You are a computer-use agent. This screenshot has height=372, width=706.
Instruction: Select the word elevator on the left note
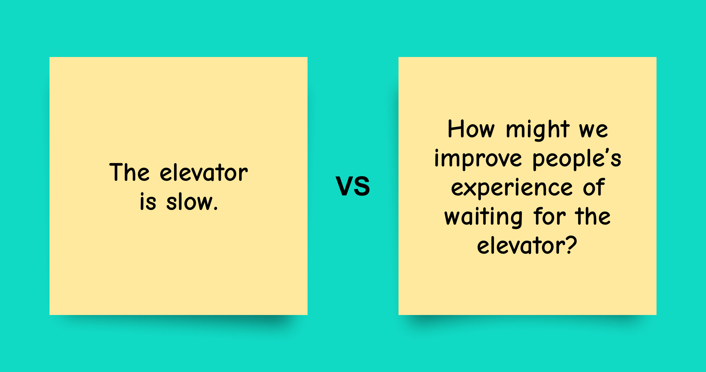click(204, 173)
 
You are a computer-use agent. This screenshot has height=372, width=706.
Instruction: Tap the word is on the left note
click(148, 202)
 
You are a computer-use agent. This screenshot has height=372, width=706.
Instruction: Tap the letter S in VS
click(362, 186)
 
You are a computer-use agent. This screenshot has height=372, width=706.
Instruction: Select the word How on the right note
click(471, 129)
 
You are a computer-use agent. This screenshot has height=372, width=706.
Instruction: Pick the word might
click(538, 130)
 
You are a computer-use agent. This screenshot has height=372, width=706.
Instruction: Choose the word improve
click(478, 159)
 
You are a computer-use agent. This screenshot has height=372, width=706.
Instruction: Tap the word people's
click(577, 159)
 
